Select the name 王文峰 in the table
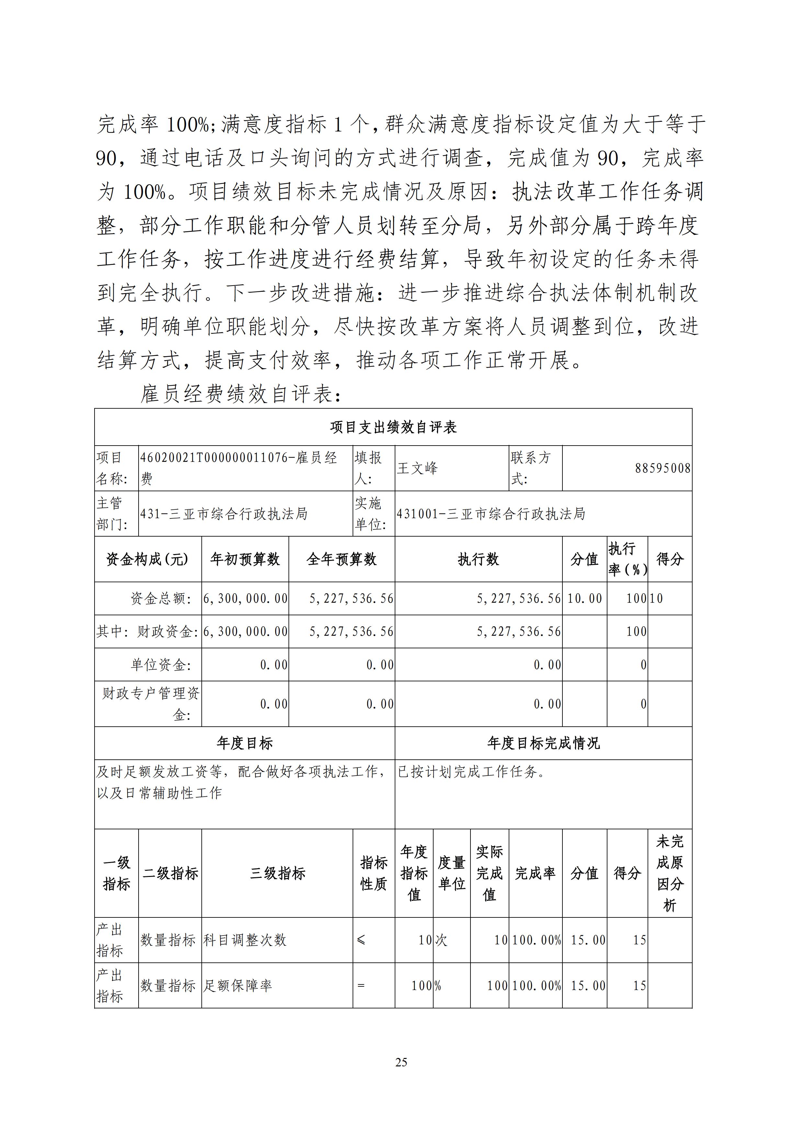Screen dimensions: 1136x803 (417, 468)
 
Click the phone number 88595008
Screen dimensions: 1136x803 (662, 468)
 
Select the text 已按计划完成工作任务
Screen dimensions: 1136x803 (471, 772)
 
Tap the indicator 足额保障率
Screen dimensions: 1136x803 (238, 986)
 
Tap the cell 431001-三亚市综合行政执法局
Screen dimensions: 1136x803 (490, 514)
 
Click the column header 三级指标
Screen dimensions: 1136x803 (277, 873)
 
